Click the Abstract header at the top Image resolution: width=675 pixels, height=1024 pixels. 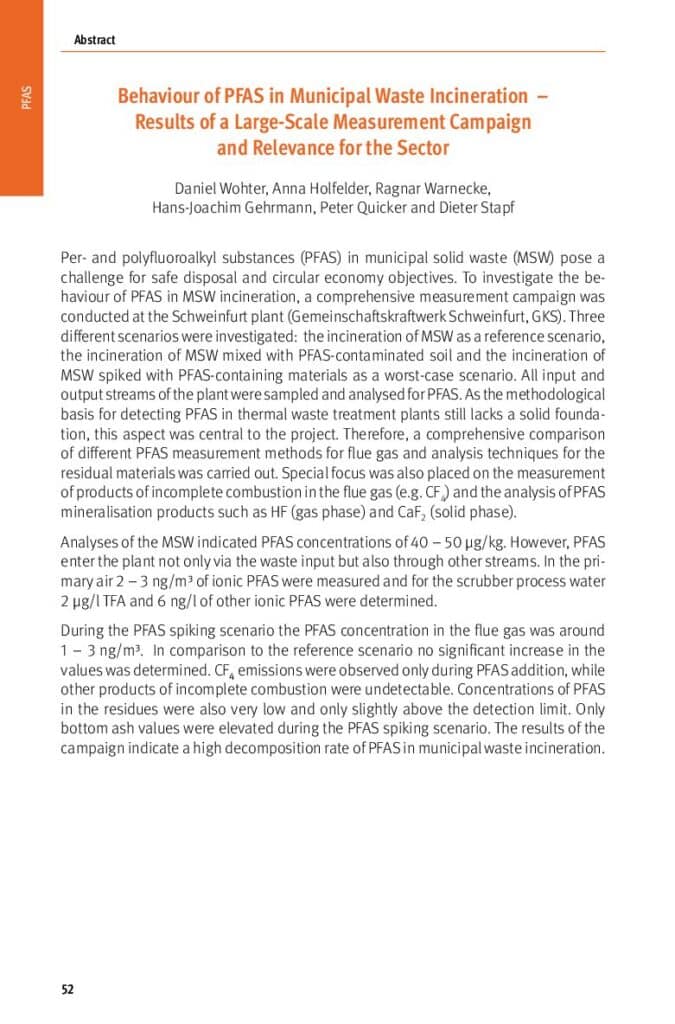94,40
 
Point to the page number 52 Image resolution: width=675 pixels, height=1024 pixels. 68,990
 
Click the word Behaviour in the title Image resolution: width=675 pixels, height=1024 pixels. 160,97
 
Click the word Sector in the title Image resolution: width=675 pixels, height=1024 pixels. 418,148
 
